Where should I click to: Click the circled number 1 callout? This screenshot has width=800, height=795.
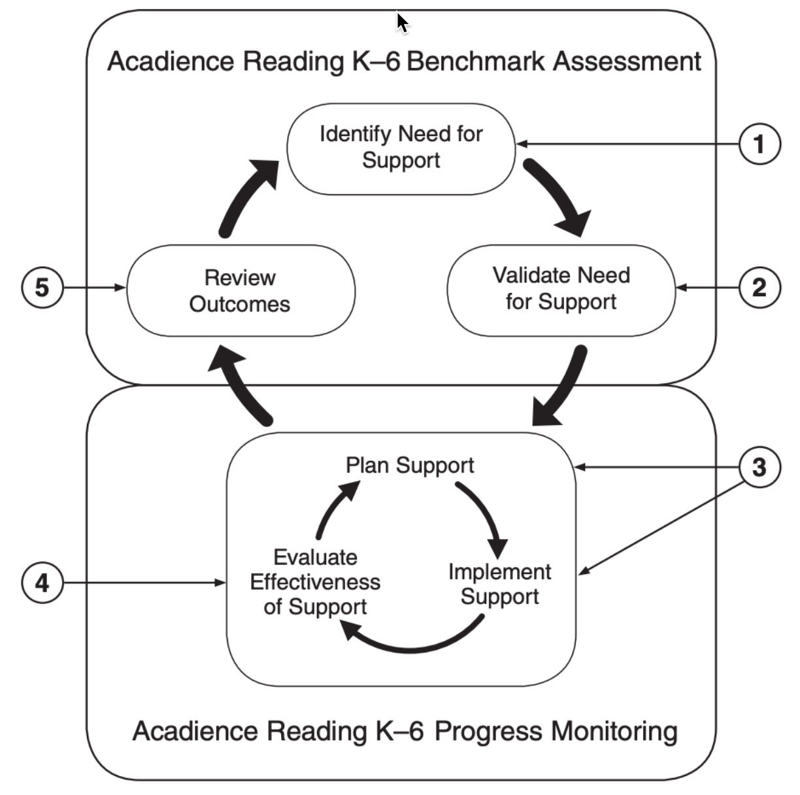759,144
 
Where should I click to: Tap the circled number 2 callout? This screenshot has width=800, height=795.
759,288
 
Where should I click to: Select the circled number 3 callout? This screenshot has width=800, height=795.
759,467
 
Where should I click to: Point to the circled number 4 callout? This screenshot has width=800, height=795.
42,582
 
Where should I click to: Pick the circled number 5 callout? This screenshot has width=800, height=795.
42,288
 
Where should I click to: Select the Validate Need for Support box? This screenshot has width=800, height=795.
561,289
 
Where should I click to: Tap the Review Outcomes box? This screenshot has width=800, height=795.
240,290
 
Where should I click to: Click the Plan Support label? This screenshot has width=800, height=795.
410,465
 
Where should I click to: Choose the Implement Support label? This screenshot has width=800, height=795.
500,584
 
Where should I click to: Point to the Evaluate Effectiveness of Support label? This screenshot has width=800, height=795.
315,582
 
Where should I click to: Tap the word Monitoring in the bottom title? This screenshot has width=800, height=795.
613,730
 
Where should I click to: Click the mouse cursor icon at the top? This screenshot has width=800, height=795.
402,22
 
